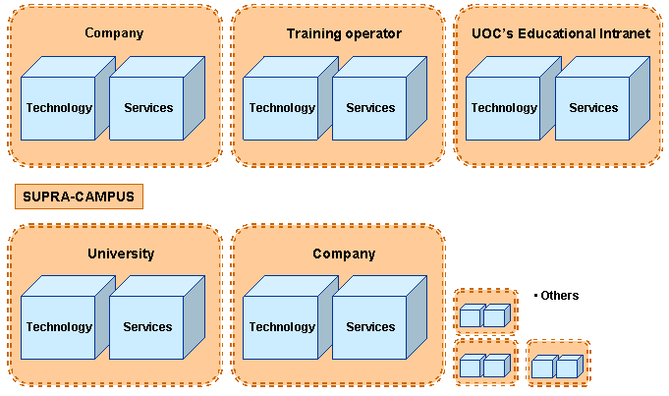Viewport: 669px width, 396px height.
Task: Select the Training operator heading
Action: coord(344,33)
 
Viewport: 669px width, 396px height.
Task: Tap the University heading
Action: coord(121,254)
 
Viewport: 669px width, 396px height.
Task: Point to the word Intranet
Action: coord(626,33)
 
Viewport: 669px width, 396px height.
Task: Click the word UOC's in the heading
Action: coord(481,33)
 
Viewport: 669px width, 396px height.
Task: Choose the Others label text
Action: coord(560,295)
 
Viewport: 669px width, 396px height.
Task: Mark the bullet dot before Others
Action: coord(535,295)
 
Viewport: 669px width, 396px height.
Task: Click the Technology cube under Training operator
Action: coord(282,108)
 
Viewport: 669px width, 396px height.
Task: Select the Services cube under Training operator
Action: coord(370,108)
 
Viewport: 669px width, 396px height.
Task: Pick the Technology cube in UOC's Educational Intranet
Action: coord(504,108)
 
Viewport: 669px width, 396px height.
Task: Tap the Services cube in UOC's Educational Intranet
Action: coord(593,108)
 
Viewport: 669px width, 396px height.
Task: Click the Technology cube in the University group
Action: coord(59,327)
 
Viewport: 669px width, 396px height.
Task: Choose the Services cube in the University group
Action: coord(147,327)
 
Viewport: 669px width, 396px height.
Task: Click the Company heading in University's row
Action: coord(344,254)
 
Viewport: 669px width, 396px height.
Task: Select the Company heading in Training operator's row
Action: coord(114,33)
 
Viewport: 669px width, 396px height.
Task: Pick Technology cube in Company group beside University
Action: coord(282,327)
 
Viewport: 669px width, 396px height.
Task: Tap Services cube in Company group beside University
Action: coord(370,327)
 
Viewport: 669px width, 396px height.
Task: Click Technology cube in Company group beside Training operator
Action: coord(59,108)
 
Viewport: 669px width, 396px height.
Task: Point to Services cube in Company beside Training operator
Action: coord(147,108)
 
